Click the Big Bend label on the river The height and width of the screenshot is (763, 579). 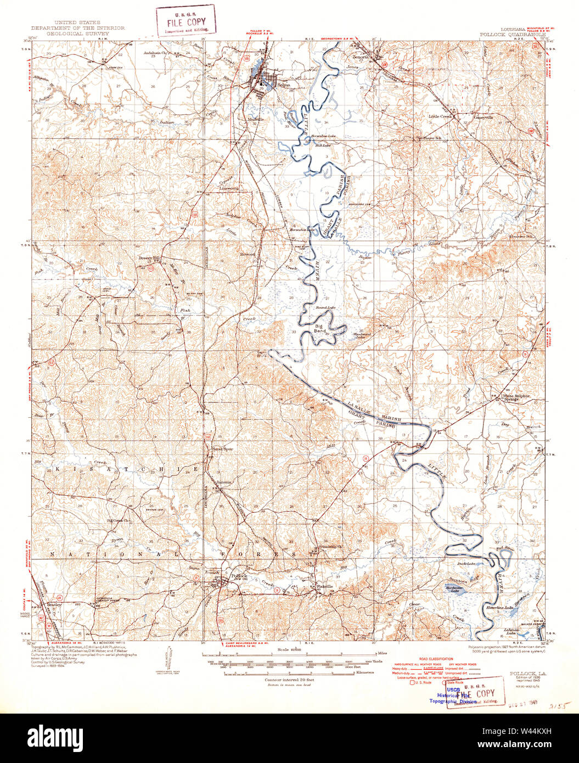click(318, 328)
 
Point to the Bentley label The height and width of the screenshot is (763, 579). click(54, 604)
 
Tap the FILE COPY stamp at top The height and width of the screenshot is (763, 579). click(185, 21)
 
